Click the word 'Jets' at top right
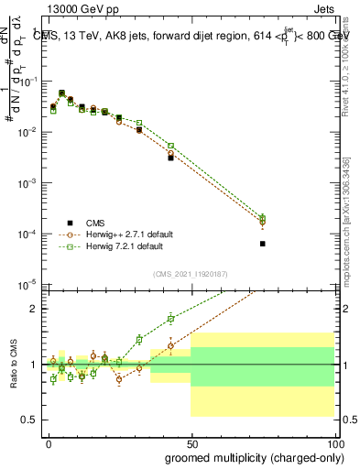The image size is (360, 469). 322,10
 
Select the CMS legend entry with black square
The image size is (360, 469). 95,222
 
